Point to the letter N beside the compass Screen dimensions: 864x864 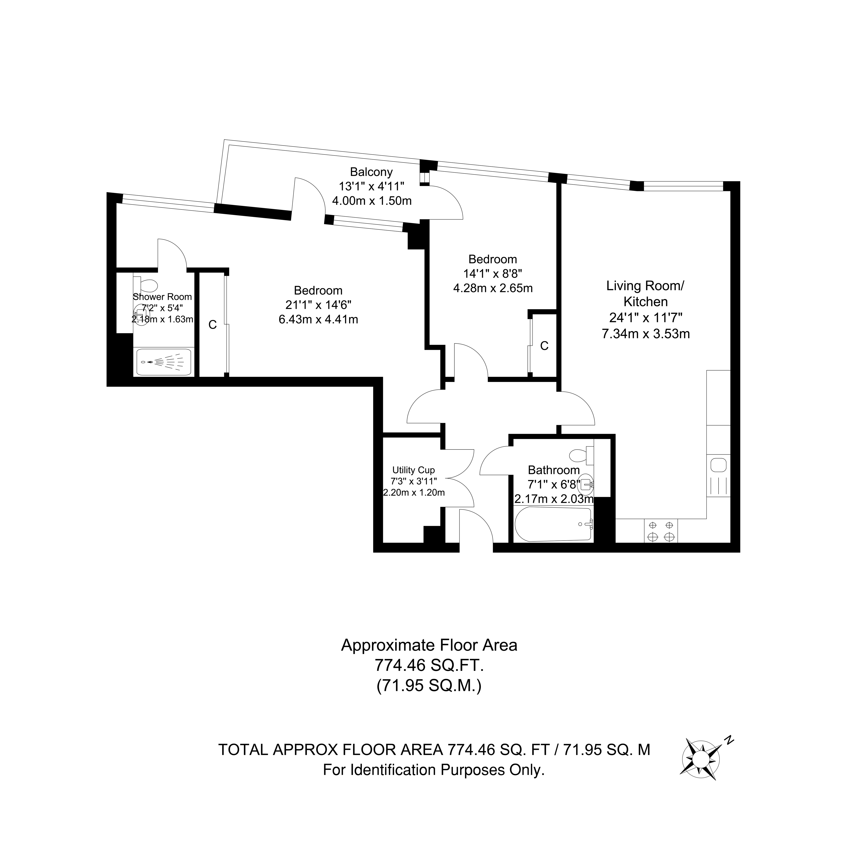[x=729, y=740]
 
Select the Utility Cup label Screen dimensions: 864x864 [x=413, y=470]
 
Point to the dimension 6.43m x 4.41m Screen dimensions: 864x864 [x=318, y=319]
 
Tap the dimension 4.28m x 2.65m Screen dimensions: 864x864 [x=493, y=288]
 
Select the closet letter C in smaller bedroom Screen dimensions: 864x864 [x=544, y=346]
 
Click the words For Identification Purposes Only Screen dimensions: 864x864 [x=434, y=770]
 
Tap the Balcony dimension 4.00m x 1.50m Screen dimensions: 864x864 [x=372, y=201]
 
